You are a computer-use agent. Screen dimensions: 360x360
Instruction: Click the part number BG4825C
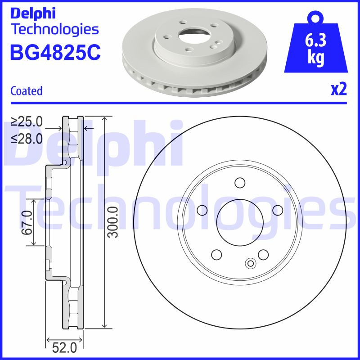point(55,52)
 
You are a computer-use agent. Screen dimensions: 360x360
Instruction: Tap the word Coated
point(26,91)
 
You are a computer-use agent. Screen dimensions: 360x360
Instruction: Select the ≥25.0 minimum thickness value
point(27,122)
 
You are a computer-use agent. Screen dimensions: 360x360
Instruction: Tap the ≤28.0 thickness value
point(27,138)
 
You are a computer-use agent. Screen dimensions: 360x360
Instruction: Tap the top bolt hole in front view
point(239,183)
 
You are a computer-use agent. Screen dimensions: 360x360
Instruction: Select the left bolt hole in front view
point(202,210)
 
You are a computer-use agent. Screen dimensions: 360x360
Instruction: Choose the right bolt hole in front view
point(277,210)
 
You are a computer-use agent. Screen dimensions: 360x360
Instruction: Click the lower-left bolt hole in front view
point(216,254)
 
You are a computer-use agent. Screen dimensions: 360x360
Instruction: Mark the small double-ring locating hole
point(250,264)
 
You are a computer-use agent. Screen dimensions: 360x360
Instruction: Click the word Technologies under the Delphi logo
point(54,29)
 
